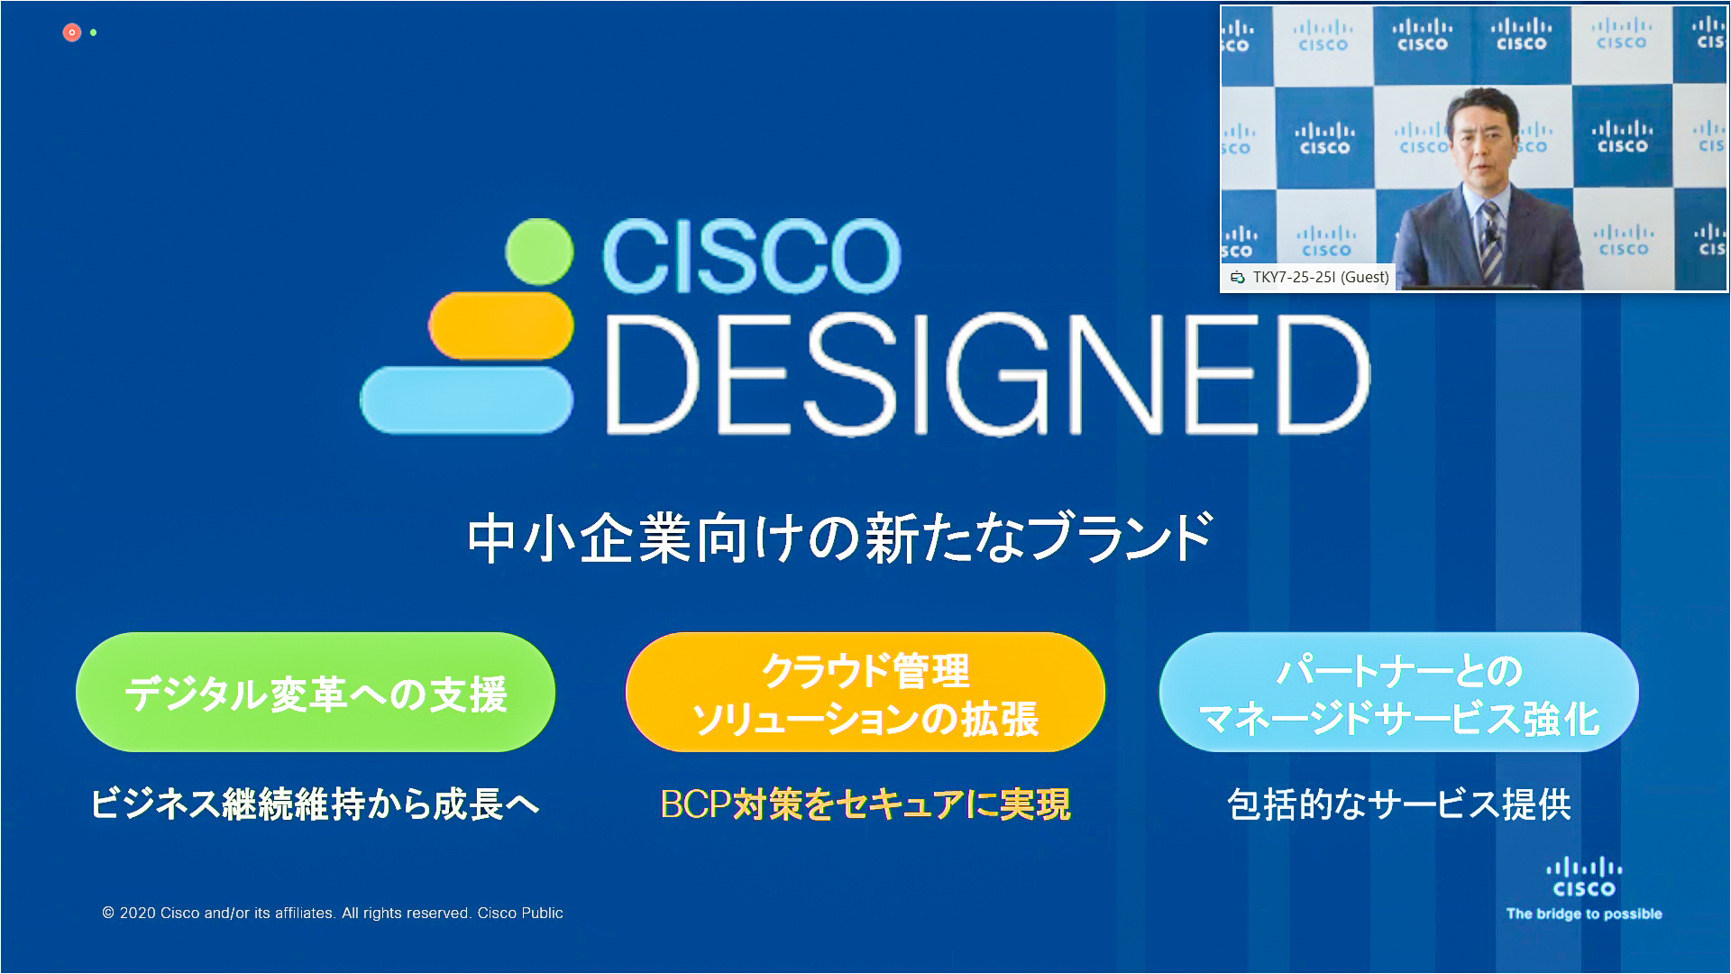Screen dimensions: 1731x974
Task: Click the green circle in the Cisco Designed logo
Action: [x=539, y=252]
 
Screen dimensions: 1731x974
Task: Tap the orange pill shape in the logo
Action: [x=500, y=325]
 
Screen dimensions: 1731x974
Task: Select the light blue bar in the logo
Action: [x=466, y=400]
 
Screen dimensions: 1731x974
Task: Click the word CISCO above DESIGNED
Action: [x=751, y=257]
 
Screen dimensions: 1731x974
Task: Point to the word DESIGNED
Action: [x=988, y=375]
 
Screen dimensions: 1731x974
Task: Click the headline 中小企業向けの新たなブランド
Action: [x=840, y=538]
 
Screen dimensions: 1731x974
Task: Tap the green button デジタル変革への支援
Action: [x=316, y=692]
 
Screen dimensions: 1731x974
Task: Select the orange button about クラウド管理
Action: [x=865, y=692]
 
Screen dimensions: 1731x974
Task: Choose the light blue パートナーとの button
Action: [x=1399, y=692]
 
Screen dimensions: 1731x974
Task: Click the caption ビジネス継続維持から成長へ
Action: [x=316, y=804]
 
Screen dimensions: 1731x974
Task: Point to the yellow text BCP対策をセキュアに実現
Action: [x=865, y=804]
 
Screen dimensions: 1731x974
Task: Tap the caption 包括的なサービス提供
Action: [x=1399, y=804]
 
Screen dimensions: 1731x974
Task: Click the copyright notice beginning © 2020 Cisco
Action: [x=333, y=913]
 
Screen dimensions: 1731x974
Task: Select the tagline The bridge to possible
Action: [x=1584, y=914]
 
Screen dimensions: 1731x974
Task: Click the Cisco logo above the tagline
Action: [x=1584, y=878]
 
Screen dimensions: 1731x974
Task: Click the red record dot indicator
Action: [x=72, y=32]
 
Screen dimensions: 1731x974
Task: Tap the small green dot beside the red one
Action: [x=94, y=32]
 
